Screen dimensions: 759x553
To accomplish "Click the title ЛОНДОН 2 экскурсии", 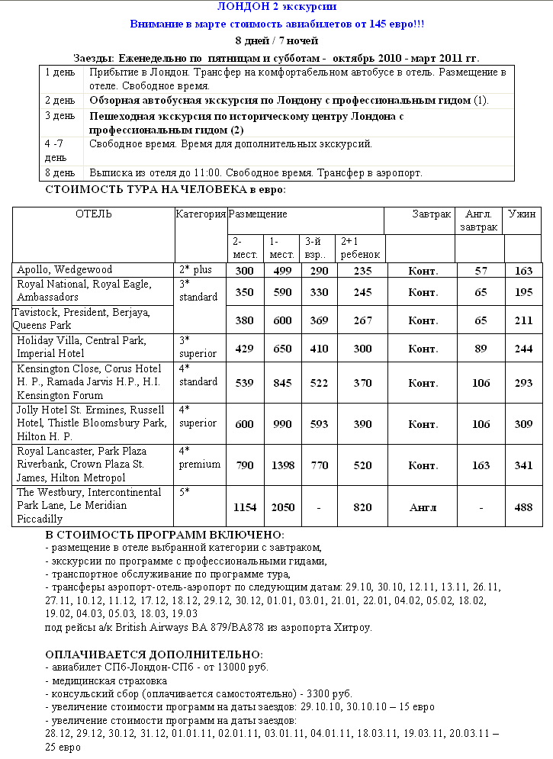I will [276, 7].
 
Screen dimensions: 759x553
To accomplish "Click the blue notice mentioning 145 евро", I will [277, 24].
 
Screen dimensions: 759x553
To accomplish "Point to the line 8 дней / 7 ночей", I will [276, 40].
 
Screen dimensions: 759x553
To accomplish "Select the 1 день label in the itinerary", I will [59, 72].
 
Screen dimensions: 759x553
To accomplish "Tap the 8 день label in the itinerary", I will [59, 173].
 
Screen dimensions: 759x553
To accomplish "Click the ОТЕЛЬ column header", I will [93, 214].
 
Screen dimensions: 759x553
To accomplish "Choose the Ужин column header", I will [522, 214].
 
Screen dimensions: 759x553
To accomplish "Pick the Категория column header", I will [201, 214].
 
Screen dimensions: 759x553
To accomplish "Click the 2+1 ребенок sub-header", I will [360, 248].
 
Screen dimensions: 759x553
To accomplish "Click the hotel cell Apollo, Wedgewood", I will [64, 269].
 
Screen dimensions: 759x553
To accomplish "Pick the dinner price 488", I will [522, 507].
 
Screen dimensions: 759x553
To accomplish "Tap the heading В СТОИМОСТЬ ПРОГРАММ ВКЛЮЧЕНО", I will [165, 535].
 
